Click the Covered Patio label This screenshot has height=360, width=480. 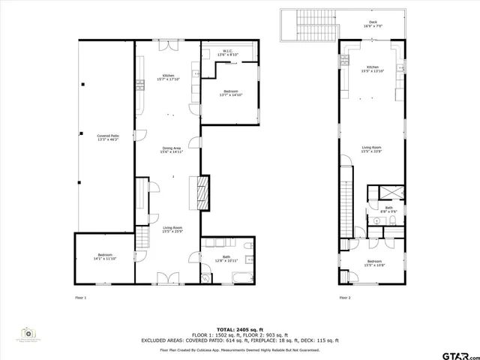click(108, 138)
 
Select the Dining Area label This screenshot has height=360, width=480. click(172, 150)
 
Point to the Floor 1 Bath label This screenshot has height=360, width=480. click(226, 258)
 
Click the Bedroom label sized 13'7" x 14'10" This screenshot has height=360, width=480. click(230, 93)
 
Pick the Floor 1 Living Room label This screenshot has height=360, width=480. click(173, 229)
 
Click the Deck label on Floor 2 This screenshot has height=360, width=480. click(373, 24)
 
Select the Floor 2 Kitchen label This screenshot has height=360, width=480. click(373, 69)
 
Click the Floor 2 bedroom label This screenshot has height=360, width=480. click(373, 262)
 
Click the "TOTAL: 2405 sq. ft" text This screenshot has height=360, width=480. click(239, 329)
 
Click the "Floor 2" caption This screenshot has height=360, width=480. click(344, 298)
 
